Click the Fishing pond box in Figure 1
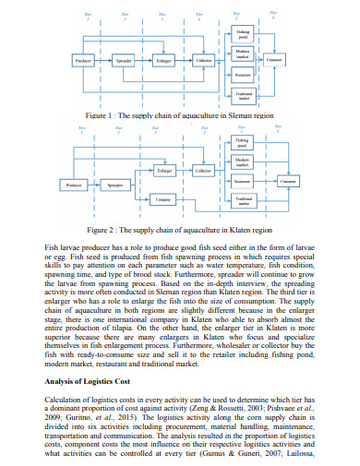243,34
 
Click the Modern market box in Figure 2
243,163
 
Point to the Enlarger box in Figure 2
166,172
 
